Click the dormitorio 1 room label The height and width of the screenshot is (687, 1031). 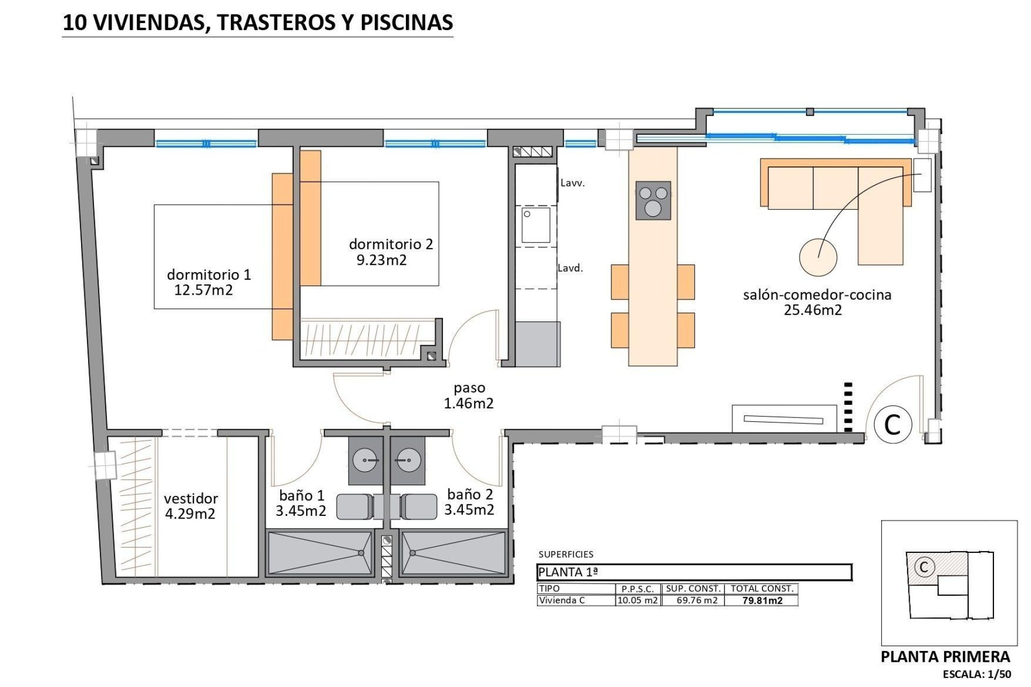pyautogui.click(x=209, y=275)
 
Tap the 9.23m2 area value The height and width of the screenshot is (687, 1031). pyautogui.click(x=382, y=260)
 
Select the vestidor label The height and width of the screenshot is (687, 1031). pyautogui.click(x=191, y=499)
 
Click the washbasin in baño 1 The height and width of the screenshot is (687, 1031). pyautogui.click(x=365, y=460)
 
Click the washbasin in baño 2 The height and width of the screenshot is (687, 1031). pyautogui.click(x=408, y=460)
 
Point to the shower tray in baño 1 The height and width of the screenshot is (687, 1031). pyautogui.click(x=320, y=553)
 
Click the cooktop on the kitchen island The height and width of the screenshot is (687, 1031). pyautogui.click(x=653, y=200)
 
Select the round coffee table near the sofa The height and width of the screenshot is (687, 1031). pyautogui.click(x=818, y=257)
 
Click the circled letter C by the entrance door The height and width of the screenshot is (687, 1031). pyautogui.click(x=892, y=425)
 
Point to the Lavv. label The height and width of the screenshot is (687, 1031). pyautogui.click(x=572, y=183)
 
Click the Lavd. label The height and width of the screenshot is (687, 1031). pyautogui.click(x=570, y=268)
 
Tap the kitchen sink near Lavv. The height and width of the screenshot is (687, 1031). pyautogui.click(x=535, y=225)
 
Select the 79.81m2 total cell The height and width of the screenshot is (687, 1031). pyautogui.click(x=762, y=601)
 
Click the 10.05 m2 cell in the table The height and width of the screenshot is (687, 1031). pyautogui.click(x=637, y=601)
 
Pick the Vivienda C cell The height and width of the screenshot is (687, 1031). pyautogui.click(x=562, y=601)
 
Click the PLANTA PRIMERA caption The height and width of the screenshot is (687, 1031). pyautogui.click(x=946, y=657)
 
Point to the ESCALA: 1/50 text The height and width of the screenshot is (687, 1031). pyautogui.click(x=977, y=675)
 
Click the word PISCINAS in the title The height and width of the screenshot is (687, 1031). pyautogui.click(x=406, y=23)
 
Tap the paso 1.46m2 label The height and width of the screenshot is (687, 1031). pyautogui.click(x=469, y=396)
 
